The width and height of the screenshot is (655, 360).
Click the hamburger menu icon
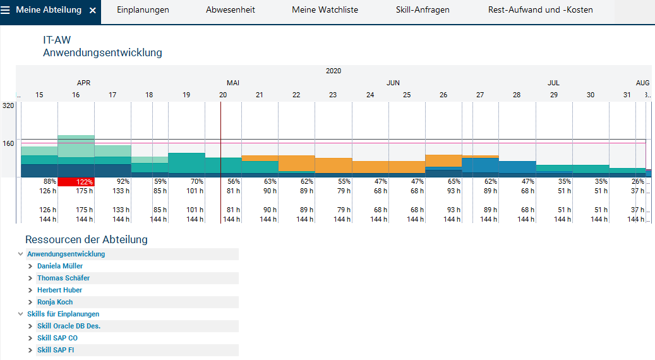pos(6,11)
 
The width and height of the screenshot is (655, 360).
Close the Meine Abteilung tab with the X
pos(93,11)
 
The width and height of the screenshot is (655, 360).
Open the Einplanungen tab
pos(143,10)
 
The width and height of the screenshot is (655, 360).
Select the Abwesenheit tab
pos(231,10)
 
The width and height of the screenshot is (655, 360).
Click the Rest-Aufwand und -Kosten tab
pos(541,10)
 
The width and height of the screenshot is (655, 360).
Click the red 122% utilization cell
pos(76,182)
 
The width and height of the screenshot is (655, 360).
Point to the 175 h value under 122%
pos(83,191)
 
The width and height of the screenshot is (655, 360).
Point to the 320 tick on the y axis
pos(8,105)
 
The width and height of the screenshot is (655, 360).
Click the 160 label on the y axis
pos(8,143)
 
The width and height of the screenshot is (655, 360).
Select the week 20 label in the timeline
pos(223,95)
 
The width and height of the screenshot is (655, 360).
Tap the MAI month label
pos(233,83)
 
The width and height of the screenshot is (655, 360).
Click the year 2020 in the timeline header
pos(334,71)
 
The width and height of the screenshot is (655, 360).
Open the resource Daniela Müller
pos(60,266)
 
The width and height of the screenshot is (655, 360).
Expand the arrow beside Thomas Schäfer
pos(30,278)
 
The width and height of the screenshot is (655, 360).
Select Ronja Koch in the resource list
pos(55,302)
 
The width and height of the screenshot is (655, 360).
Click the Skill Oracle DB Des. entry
pos(69,326)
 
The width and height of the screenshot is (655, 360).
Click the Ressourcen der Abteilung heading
pos(87,239)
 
